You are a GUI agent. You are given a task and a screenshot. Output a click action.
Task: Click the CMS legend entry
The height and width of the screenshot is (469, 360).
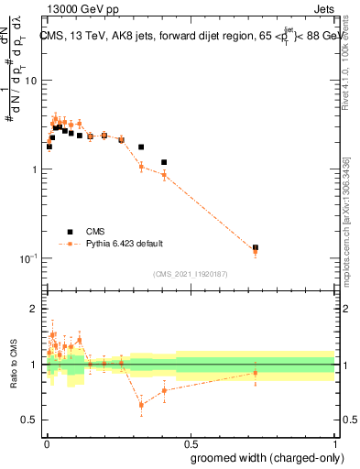coord(95,232)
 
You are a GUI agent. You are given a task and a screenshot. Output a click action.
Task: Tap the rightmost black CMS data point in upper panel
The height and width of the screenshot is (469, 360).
coord(256,247)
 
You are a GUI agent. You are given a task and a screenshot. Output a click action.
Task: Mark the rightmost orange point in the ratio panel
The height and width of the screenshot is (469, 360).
coord(256,373)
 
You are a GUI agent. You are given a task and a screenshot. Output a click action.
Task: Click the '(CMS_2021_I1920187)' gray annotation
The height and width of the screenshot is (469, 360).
coord(190,274)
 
